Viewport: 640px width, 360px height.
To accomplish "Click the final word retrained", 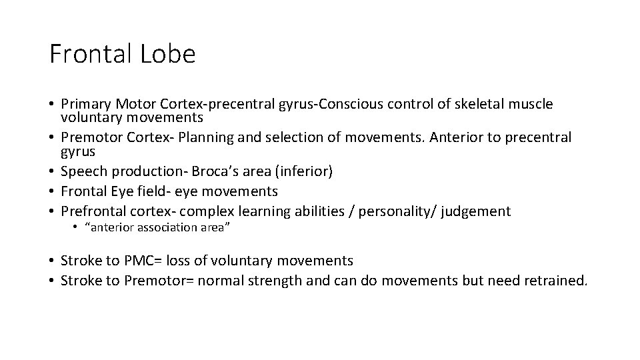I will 557,281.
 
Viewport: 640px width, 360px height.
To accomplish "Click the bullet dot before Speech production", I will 51,171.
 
